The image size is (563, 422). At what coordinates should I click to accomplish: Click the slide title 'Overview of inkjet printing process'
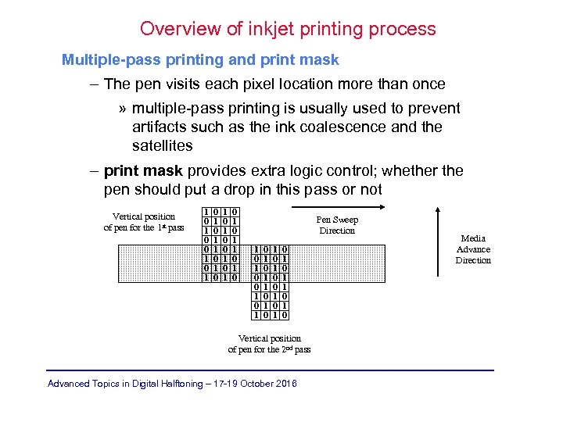(x=288, y=30)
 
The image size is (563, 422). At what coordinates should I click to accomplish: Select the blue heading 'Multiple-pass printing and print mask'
(x=201, y=59)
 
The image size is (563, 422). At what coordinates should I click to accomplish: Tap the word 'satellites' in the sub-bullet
(x=162, y=146)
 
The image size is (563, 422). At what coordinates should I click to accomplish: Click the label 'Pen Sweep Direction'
(x=337, y=225)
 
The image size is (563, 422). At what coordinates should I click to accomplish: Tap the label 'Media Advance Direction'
(x=473, y=249)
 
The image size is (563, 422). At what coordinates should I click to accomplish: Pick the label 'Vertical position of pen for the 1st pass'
(x=144, y=222)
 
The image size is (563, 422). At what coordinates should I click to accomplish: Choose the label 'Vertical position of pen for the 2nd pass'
(x=269, y=344)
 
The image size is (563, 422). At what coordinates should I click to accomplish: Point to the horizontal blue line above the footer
(x=270, y=370)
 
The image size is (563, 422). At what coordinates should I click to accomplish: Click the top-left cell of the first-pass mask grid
(x=206, y=212)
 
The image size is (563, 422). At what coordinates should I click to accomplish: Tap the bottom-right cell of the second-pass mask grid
(x=285, y=315)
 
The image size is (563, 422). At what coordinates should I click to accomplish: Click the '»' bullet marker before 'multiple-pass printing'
(x=123, y=109)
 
